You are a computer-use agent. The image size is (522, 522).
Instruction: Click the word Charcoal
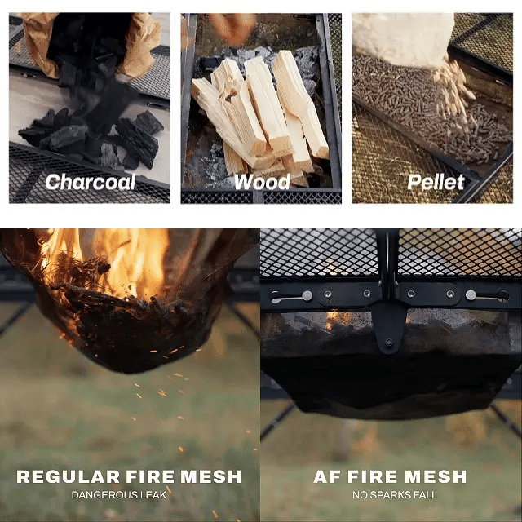point(91,182)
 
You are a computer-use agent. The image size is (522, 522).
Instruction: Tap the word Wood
point(262,182)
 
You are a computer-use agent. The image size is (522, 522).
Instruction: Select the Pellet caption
point(436,182)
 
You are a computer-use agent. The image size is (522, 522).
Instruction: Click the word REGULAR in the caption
point(68,476)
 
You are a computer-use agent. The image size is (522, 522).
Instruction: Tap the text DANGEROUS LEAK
point(119,495)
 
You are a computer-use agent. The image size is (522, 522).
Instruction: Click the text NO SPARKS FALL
point(395,495)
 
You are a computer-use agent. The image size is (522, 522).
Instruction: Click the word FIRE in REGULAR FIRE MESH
point(150,476)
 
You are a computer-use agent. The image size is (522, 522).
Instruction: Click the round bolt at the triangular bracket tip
point(388,343)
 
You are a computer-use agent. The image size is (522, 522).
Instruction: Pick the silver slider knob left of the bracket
point(307,295)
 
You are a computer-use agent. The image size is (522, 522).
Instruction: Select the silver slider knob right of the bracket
point(471,295)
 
